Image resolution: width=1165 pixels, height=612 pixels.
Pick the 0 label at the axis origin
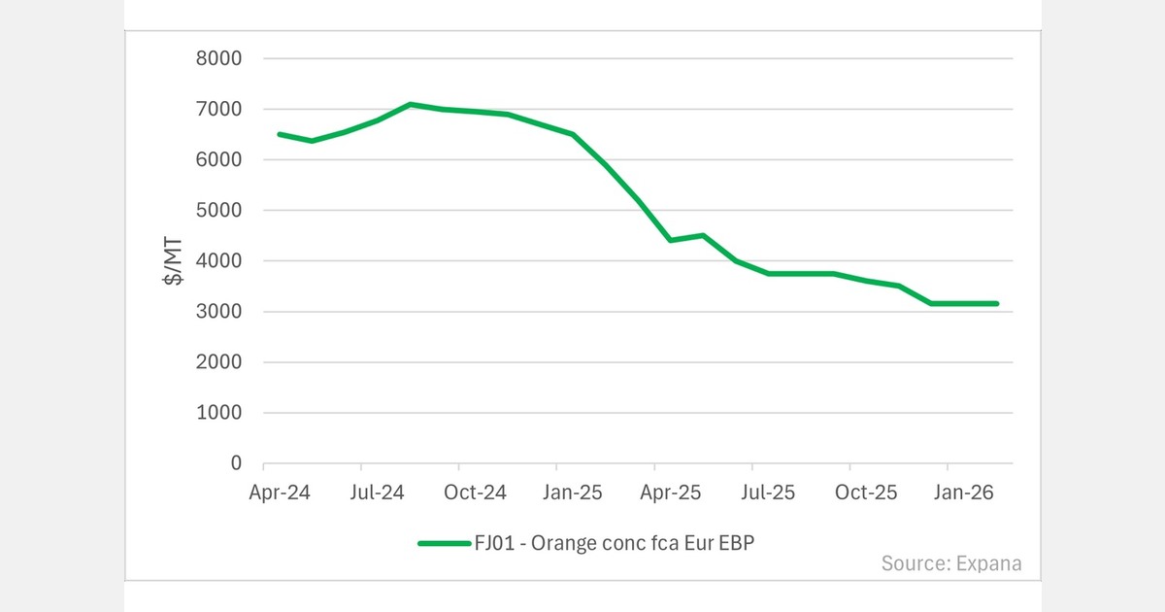[236, 463]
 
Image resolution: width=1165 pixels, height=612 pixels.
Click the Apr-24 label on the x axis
[280, 493]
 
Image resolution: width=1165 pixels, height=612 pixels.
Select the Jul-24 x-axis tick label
[378, 493]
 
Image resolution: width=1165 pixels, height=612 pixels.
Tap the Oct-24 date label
[475, 493]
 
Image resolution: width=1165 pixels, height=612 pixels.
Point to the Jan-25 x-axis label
[573, 493]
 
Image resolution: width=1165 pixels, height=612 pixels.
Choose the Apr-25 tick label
[671, 493]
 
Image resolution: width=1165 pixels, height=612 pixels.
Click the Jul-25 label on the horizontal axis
[768, 493]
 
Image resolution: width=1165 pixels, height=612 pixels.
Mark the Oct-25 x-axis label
[866, 493]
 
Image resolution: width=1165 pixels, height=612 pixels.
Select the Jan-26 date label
[963, 493]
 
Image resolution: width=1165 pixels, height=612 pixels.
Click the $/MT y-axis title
[173, 261]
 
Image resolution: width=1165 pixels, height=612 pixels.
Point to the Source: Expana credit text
[951, 563]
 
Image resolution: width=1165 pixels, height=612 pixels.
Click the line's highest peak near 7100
[411, 104]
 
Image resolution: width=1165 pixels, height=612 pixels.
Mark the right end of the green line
[996, 304]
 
